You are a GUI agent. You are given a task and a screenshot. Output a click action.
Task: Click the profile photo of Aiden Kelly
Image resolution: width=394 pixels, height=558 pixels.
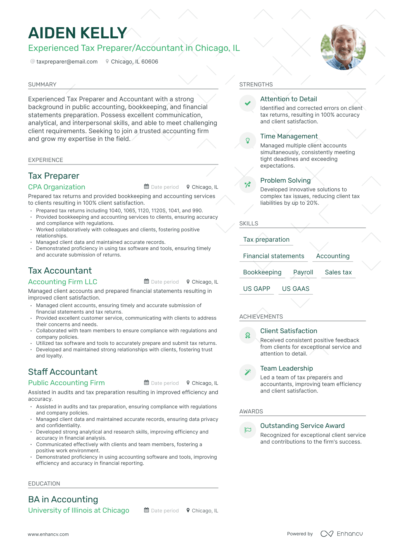point(343,47)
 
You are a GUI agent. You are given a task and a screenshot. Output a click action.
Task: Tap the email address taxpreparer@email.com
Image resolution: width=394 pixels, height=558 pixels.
point(67,62)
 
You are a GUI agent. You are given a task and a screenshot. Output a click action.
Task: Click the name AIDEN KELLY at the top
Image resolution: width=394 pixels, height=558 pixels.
point(78,33)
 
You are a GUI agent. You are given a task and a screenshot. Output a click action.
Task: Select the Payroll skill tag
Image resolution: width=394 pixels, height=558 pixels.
point(303,272)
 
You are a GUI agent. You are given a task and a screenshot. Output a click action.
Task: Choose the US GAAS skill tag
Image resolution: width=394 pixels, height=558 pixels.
point(296,289)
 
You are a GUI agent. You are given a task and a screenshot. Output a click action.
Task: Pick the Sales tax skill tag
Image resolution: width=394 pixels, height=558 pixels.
point(338,272)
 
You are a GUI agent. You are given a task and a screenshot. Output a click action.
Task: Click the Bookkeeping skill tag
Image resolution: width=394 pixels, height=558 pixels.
point(262,272)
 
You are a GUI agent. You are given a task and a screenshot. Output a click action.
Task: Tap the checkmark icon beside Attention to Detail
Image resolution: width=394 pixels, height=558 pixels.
point(248,103)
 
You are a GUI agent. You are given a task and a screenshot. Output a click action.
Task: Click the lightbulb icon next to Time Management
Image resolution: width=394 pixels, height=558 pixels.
point(248,140)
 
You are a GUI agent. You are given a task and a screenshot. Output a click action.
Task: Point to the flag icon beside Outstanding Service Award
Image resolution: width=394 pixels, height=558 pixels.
point(248,430)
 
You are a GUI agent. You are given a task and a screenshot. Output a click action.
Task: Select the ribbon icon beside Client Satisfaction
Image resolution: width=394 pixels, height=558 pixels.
point(248,335)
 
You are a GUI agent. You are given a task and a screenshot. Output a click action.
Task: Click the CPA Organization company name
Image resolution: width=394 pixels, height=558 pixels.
point(57,187)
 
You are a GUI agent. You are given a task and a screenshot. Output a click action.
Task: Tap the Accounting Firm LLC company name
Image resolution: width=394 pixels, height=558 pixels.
point(63,282)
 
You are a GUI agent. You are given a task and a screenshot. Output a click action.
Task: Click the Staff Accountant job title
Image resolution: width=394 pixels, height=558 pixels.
point(63,372)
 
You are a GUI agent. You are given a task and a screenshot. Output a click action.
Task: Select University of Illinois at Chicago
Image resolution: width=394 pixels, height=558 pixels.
point(79,510)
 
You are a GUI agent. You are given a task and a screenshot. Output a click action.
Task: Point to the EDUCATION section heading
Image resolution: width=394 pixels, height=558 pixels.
point(44,484)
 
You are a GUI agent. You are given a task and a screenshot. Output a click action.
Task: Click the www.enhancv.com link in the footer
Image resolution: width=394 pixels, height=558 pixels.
point(48,534)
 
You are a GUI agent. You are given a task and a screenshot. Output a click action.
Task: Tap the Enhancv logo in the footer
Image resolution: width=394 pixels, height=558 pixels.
point(341,534)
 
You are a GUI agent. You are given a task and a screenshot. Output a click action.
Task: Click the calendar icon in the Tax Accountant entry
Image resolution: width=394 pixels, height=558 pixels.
point(146,281)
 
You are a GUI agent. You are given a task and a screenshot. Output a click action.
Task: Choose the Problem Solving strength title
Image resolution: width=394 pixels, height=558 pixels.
point(285,180)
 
